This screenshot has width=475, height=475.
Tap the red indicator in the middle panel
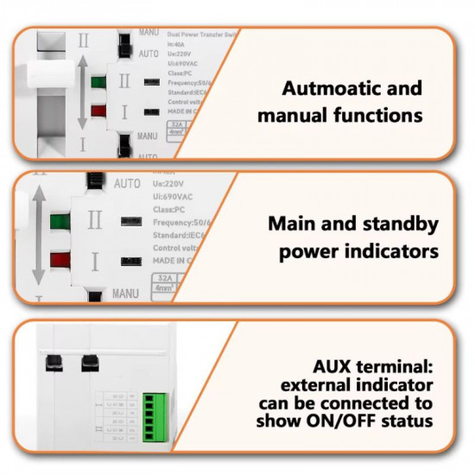tap(60, 259)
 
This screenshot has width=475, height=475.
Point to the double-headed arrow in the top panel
tap(81, 93)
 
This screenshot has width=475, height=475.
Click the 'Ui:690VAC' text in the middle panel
tap(176, 198)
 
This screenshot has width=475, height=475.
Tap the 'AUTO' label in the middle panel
tap(127, 184)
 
